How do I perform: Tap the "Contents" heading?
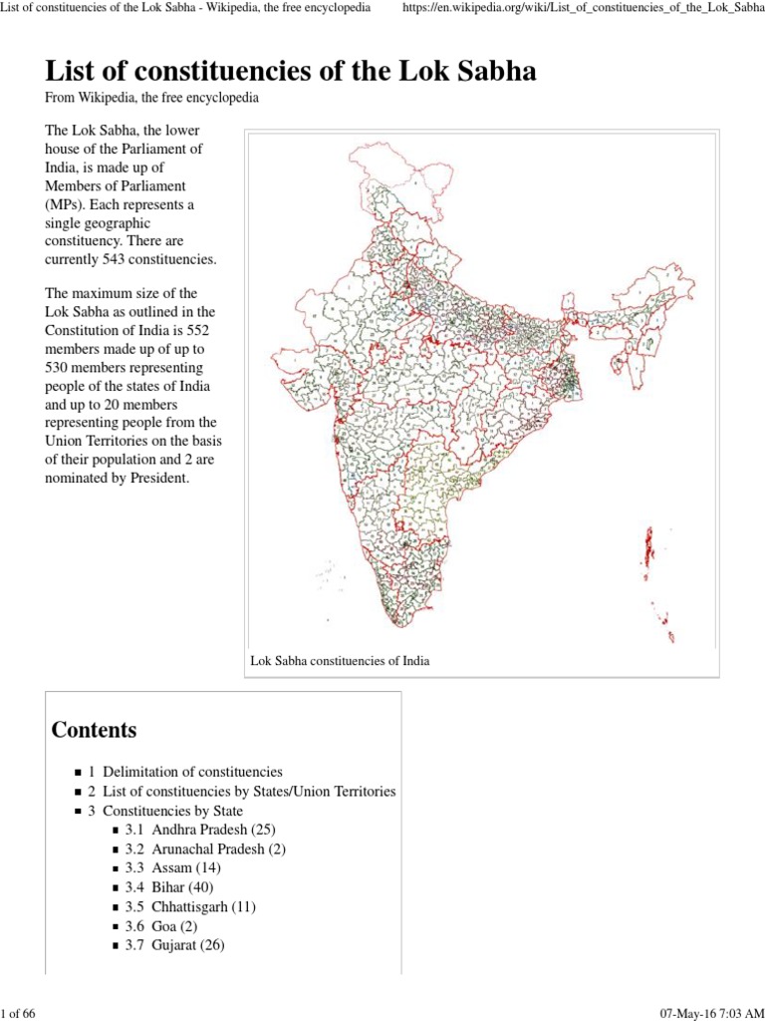pyautogui.click(x=94, y=730)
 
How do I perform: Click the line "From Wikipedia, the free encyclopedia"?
pyautogui.click(x=153, y=99)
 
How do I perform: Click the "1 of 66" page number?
pyautogui.click(x=19, y=1014)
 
